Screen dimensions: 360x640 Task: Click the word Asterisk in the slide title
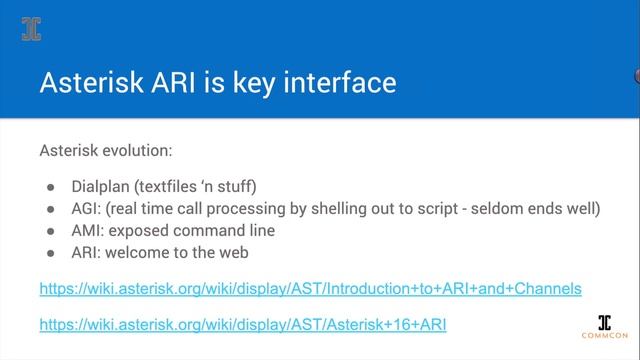[x=86, y=82]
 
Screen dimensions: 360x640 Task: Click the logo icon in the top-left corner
[x=32, y=29]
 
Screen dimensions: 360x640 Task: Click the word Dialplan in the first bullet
[x=103, y=186]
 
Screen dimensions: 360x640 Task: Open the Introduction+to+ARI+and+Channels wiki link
[x=310, y=289]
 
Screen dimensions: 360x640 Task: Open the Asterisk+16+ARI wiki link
[x=242, y=324]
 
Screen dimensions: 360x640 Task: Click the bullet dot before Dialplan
[x=51, y=187]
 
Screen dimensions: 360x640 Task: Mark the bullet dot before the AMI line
[x=51, y=231]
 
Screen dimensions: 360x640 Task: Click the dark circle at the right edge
[x=636, y=75]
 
